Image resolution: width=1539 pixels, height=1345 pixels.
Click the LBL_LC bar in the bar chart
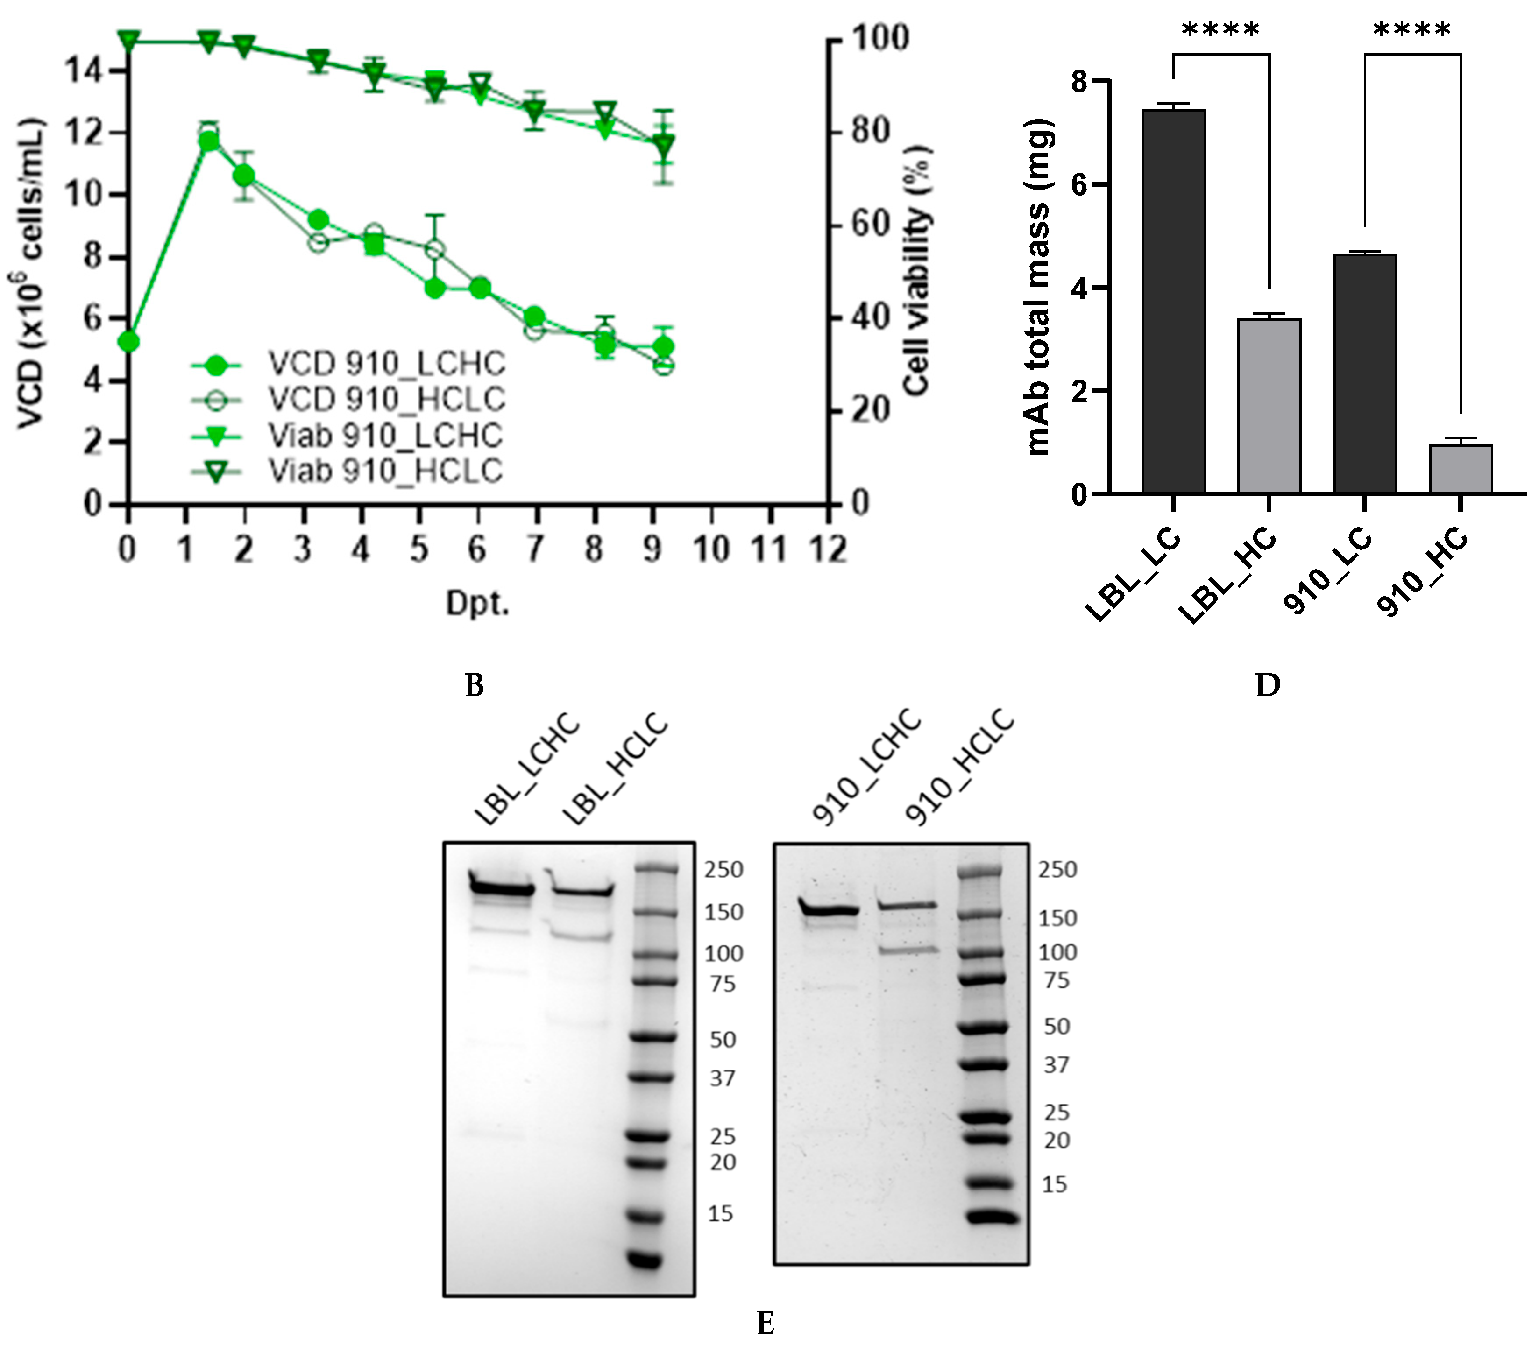click(x=1173, y=300)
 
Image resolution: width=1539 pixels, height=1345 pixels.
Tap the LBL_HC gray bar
click(x=1269, y=405)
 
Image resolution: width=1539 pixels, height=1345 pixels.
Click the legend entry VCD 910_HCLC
click(x=387, y=399)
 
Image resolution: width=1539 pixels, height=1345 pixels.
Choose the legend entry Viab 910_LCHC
click(x=385, y=435)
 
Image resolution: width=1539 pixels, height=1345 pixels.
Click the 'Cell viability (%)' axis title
click(x=917, y=270)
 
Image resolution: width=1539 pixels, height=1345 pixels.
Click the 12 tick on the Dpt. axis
click(x=828, y=549)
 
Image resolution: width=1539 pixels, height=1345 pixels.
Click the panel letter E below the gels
click(x=765, y=1323)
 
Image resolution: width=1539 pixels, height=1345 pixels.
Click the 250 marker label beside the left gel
click(x=723, y=870)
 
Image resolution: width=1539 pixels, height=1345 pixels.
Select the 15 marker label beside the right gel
click(x=1054, y=1184)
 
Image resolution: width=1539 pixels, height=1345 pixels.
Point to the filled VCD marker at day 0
click(x=129, y=342)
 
